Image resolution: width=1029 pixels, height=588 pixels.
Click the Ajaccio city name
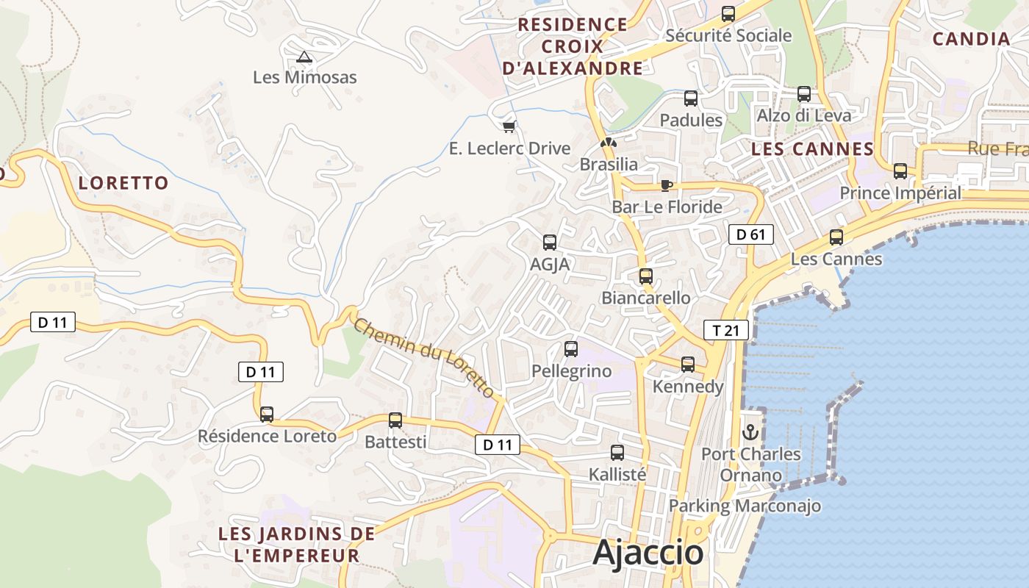pos(648,553)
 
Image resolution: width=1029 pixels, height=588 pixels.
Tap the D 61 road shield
pos(750,235)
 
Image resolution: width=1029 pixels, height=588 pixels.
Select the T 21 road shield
pos(725,331)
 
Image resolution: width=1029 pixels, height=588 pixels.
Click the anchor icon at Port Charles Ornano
pos(750,432)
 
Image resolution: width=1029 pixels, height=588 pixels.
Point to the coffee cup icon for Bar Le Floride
pos(666,185)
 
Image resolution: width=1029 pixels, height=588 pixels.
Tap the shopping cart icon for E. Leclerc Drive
pos(509,126)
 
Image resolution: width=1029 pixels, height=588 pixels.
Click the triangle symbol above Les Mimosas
pos(304,57)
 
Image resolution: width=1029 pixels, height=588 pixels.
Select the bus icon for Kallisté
pos(617,453)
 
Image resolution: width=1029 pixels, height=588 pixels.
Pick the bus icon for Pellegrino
pos(571,349)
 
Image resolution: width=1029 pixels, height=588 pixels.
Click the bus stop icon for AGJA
pos(549,243)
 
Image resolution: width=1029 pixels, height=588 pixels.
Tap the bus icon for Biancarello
pos(645,276)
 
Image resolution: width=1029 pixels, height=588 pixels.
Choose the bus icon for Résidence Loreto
pos(267,415)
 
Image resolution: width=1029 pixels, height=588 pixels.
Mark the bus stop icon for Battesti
pos(395,420)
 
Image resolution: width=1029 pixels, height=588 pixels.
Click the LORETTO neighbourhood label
pos(123,183)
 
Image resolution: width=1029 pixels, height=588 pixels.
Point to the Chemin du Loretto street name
pos(424,357)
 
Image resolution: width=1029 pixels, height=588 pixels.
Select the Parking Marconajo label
pos(745,506)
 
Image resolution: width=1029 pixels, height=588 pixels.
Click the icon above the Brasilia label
pos(608,143)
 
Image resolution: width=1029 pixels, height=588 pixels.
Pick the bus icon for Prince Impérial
pos(900,171)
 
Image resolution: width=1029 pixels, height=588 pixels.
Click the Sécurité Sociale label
pos(728,35)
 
